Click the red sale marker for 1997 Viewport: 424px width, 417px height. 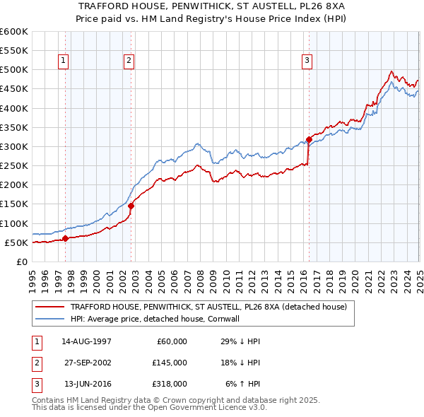point(65,238)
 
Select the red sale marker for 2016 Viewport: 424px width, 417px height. point(309,139)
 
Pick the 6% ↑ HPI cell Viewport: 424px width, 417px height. point(243,384)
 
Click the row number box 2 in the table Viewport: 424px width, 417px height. point(36,363)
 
